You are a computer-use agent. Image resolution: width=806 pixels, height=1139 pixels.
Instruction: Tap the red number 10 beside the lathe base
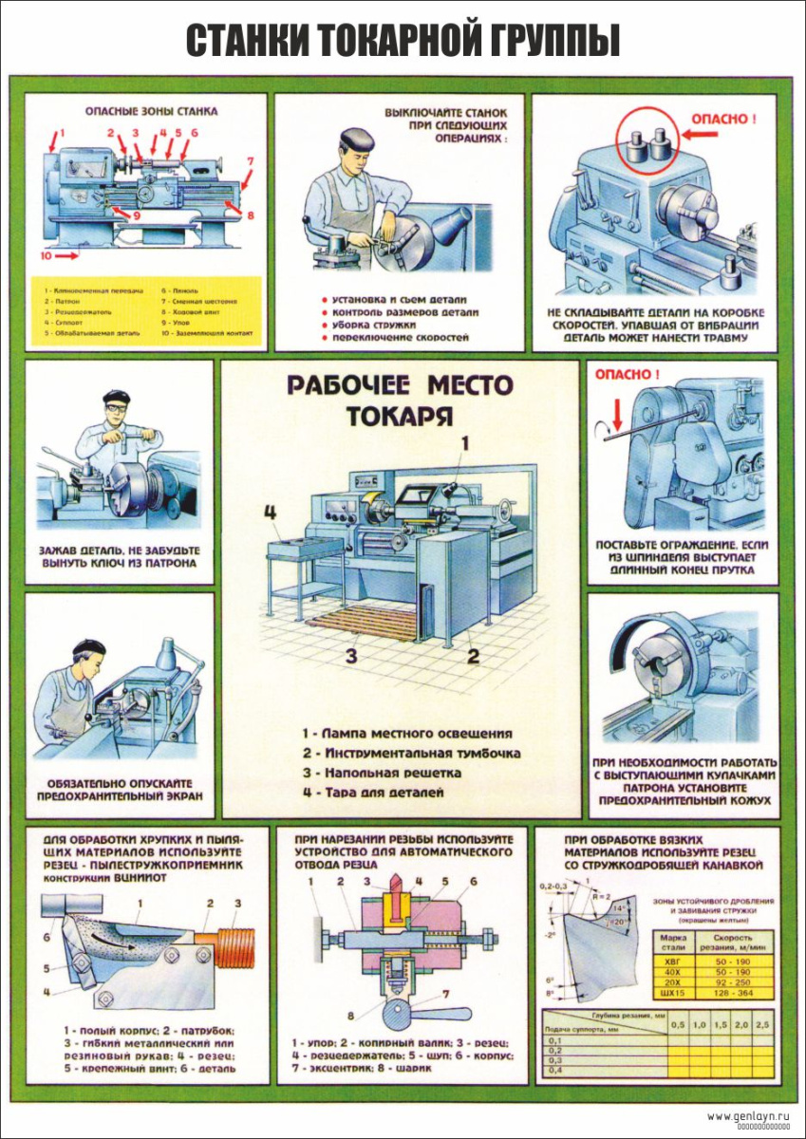point(47,255)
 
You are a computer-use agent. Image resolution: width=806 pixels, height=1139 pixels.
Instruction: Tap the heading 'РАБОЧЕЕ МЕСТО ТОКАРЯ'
point(400,400)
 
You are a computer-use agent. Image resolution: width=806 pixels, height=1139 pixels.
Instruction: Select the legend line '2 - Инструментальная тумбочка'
point(411,753)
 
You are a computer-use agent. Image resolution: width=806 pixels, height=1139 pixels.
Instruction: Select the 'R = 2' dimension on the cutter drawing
point(600,895)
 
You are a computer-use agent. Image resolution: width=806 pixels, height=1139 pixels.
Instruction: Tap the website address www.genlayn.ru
point(750,1115)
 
